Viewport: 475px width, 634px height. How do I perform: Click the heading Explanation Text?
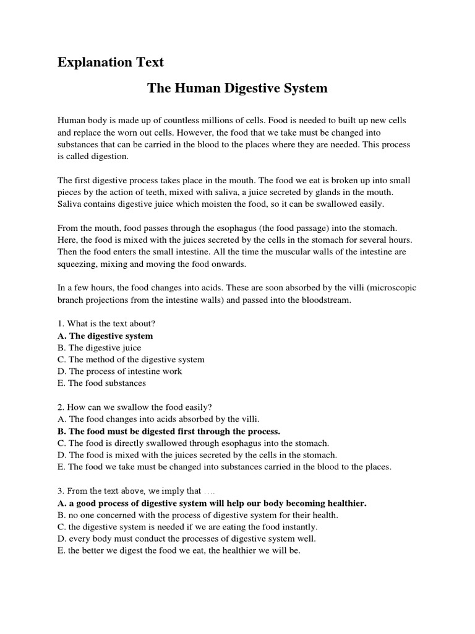pos(111,63)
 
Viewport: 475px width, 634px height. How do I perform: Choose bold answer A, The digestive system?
pos(105,336)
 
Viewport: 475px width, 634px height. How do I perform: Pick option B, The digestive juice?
pos(100,348)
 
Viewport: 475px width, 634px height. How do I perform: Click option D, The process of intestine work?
pos(120,371)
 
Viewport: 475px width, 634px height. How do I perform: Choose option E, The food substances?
pos(102,383)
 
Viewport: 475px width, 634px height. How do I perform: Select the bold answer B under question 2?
pos(169,431)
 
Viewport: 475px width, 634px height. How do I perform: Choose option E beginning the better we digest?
pos(179,551)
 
